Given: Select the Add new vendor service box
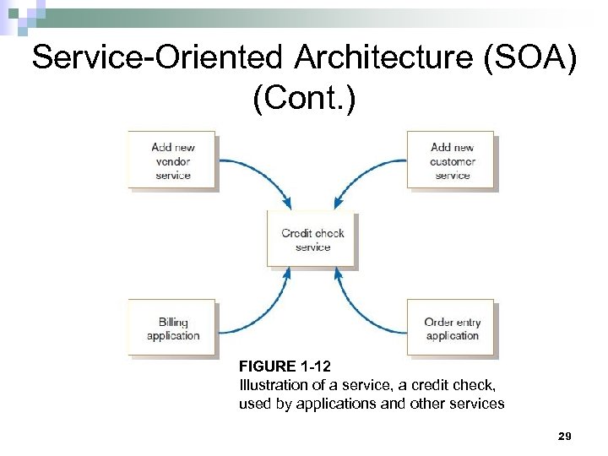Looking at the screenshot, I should click(x=172, y=160).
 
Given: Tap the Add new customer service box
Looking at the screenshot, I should click(x=452, y=160).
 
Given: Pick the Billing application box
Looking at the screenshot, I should click(x=172, y=327).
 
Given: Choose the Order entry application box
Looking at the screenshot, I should click(x=452, y=327).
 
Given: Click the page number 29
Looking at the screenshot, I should click(x=565, y=436).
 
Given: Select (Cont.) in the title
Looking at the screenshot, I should click(x=304, y=99).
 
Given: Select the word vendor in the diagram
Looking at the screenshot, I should click(x=173, y=160).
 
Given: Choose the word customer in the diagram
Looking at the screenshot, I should click(x=453, y=160).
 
